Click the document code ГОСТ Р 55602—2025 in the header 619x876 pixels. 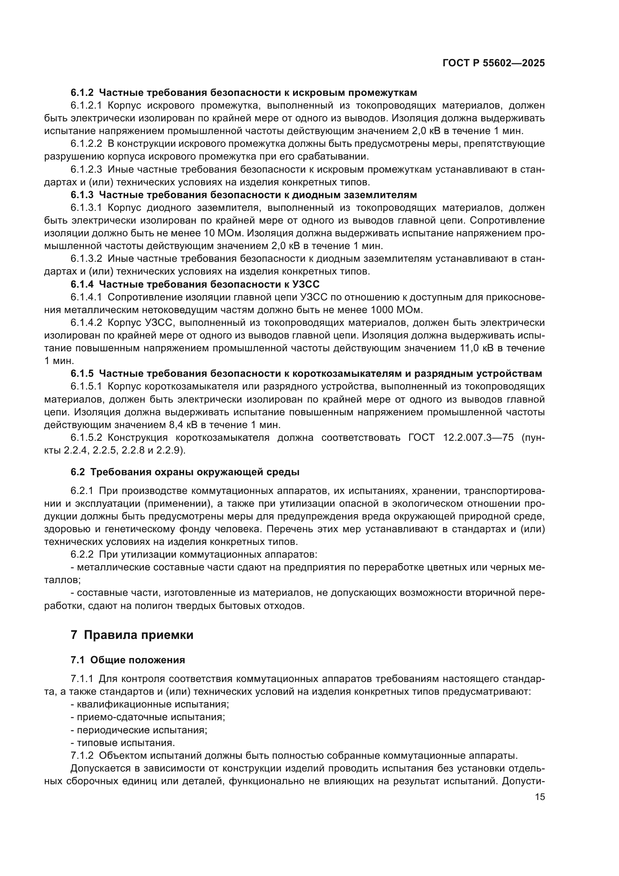[x=494, y=63]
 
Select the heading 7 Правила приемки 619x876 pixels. [x=132, y=635]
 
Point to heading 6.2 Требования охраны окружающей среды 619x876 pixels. [x=185, y=472]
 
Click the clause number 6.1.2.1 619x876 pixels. [x=86, y=105]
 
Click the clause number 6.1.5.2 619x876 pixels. [x=86, y=437]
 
